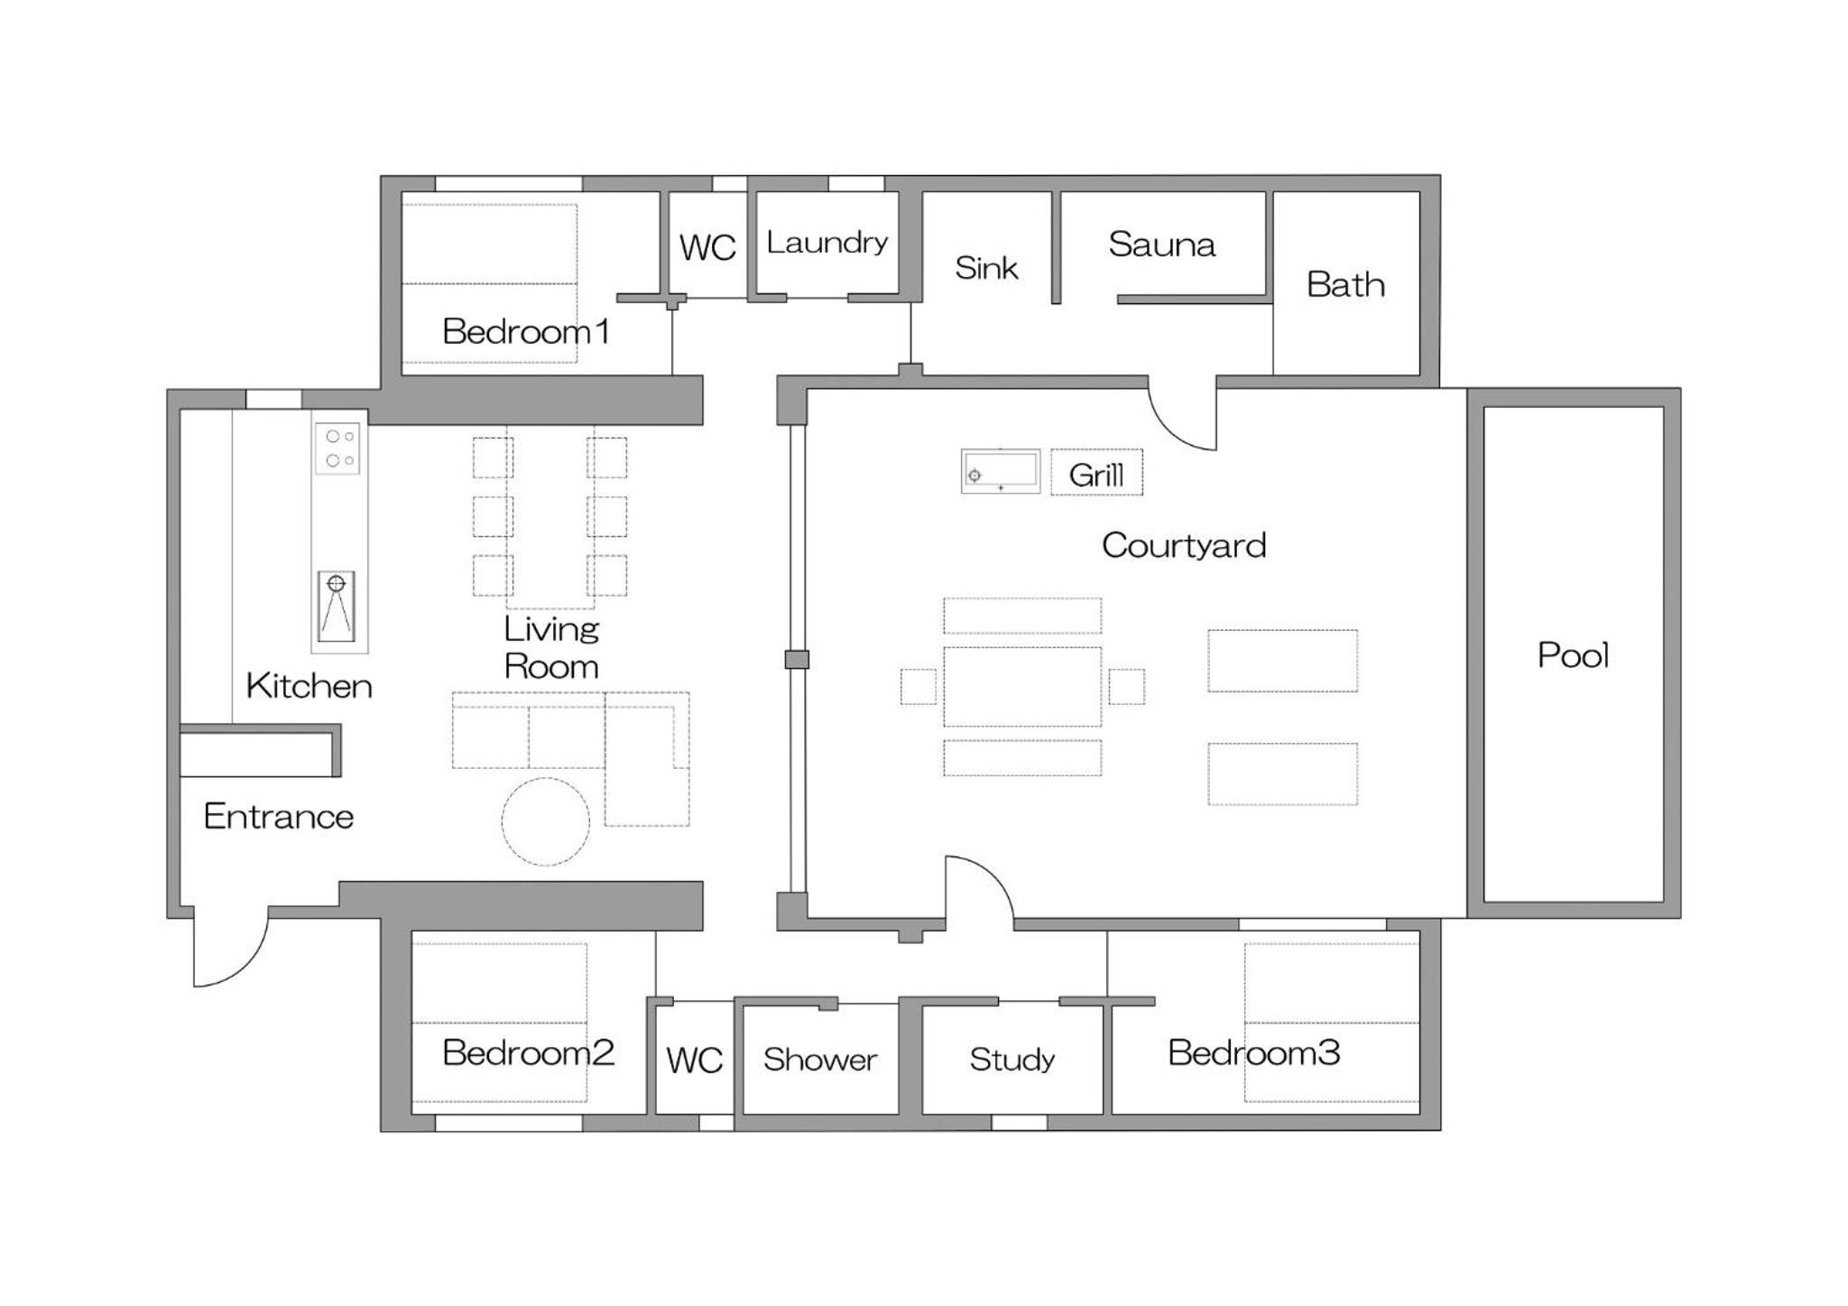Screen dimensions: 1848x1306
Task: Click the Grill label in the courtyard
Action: (x=1095, y=475)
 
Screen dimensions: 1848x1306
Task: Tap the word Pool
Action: (x=1573, y=655)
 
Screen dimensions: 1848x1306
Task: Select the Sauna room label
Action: (x=1161, y=245)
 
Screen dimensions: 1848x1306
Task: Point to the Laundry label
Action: (x=827, y=243)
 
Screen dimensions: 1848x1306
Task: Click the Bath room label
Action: (x=1345, y=285)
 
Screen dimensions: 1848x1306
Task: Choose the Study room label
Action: (x=1012, y=1059)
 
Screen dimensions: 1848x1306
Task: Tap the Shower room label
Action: (x=819, y=1060)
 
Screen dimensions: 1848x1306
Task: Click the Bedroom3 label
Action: (x=1253, y=1052)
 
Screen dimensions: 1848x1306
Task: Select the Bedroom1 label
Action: (x=525, y=331)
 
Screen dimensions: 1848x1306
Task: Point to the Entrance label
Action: (x=278, y=817)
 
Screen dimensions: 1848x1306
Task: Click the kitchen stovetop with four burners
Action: (x=337, y=449)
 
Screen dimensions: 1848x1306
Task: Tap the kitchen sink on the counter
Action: (x=337, y=606)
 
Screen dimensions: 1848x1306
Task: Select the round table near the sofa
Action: (x=545, y=821)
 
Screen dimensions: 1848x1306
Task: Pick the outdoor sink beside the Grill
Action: (x=1001, y=471)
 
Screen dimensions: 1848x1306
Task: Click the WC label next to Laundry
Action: (x=707, y=247)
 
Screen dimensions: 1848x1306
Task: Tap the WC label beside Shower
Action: (x=694, y=1061)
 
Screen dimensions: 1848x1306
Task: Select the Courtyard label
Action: (x=1184, y=545)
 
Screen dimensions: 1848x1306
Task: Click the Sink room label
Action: (x=986, y=268)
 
